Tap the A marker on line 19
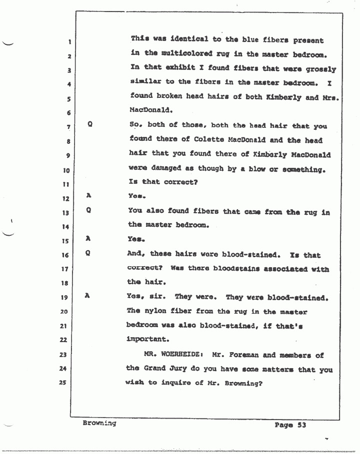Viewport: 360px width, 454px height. click(x=87, y=296)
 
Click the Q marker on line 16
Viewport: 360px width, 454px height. click(x=87, y=253)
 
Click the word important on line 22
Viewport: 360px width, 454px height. click(x=146, y=339)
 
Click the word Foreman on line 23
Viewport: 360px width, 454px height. click(x=245, y=356)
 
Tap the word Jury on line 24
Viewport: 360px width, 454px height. click(x=182, y=370)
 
